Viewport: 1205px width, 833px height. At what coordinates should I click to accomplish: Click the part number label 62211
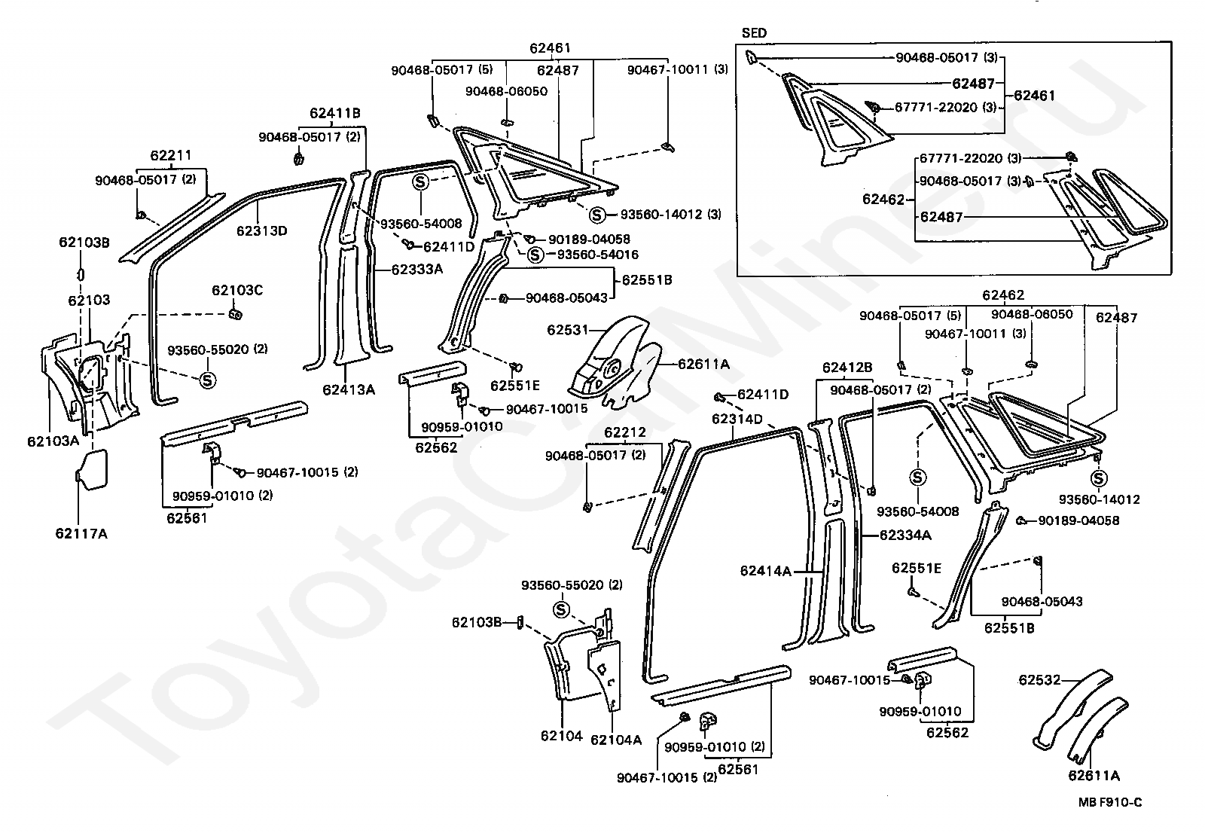[x=170, y=155]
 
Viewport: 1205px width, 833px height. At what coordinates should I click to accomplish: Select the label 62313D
[x=262, y=231]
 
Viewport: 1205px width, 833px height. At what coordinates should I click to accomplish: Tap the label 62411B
[x=334, y=113]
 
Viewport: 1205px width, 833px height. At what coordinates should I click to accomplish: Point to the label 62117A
[x=81, y=534]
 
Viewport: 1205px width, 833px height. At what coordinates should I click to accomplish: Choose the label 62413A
[x=349, y=389]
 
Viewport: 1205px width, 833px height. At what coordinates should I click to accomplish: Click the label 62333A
[x=417, y=269]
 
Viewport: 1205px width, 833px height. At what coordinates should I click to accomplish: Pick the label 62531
[x=568, y=329]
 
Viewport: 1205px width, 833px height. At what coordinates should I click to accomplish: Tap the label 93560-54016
[x=598, y=255]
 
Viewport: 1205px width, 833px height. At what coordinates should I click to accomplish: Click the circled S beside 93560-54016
[x=535, y=255]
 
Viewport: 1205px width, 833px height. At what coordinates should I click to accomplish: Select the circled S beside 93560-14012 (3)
[x=596, y=215]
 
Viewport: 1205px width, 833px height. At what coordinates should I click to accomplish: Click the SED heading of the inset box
[x=754, y=33]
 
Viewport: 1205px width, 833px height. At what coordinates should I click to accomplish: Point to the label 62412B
[x=847, y=368]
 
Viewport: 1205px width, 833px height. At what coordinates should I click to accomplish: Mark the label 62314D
[x=737, y=420]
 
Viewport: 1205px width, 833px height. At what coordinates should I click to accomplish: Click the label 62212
[x=624, y=432]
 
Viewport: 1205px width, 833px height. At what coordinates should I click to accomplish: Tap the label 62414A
[x=765, y=571]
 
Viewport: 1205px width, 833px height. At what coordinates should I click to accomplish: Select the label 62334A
[x=905, y=535]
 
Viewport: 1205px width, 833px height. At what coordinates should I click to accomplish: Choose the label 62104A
[x=616, y=740]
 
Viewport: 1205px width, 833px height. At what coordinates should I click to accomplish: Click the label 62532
[x=1039, y=680]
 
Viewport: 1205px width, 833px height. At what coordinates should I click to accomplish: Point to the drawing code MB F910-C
[x=1110, y=802]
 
